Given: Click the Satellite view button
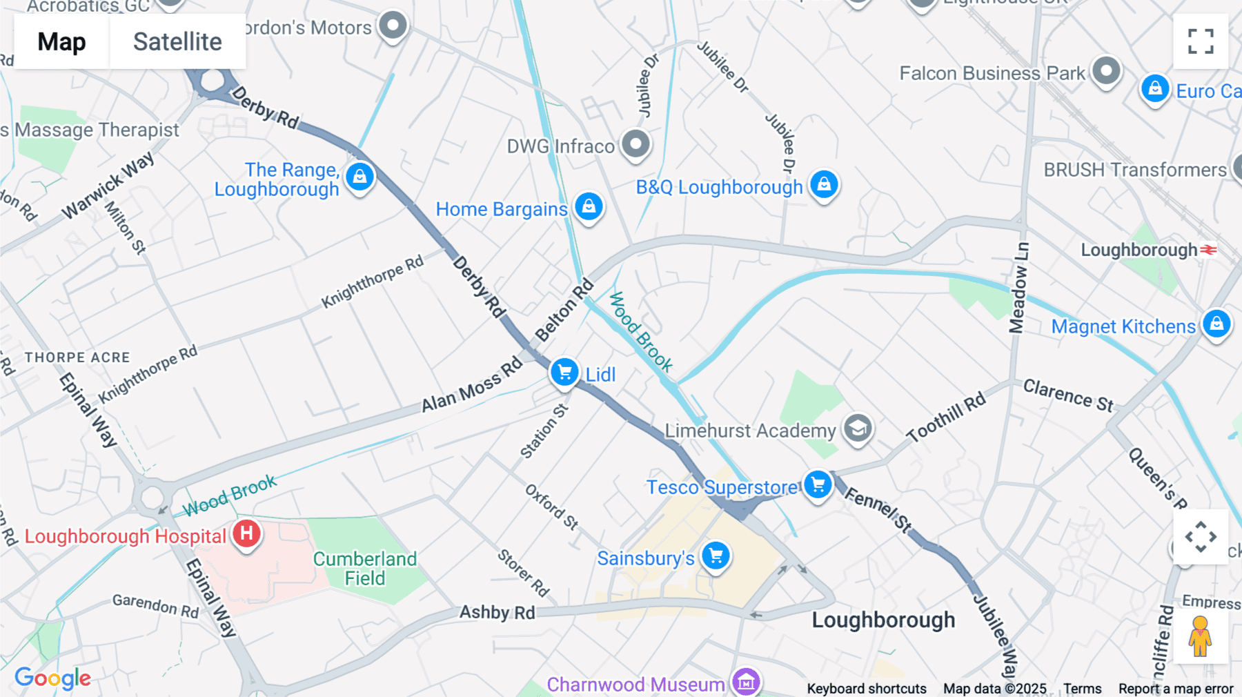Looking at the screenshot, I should click(x=177, y=41).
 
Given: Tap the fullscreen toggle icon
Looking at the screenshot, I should click(x=1201, y=41).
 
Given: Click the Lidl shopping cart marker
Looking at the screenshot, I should click(x=564, y=373).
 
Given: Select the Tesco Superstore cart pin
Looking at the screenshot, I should click(x=818, y=484).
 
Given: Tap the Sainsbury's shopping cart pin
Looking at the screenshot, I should click(x=716, y=556).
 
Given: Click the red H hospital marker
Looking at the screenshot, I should click(x=246, y=533).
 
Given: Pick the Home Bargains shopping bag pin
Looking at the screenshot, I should click(x=589, y=206).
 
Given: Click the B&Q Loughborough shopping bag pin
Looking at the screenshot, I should click(x=824, y=184).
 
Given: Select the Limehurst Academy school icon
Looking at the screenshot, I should click(x=858, y=429).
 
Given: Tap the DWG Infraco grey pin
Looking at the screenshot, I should click(x=635, y=144).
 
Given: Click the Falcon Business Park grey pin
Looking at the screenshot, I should click(x=1106, y=70).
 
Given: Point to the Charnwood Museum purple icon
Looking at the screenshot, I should click(x=746, y=683).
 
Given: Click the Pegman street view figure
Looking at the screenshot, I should click(x=1200, y=636).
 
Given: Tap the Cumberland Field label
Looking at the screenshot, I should click(x=364, y=569).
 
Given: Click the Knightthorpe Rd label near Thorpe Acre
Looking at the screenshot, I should click(x=148, y=374).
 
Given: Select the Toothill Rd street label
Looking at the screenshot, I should click(x=946, y=418).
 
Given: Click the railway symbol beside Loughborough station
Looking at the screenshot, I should click(x=1209, y=250).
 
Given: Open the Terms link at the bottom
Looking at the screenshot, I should click(x=1082, y=689).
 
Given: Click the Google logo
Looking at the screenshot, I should click(x=52, y=678).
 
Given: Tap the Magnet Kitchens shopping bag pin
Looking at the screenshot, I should click(x=1216, y=324).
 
